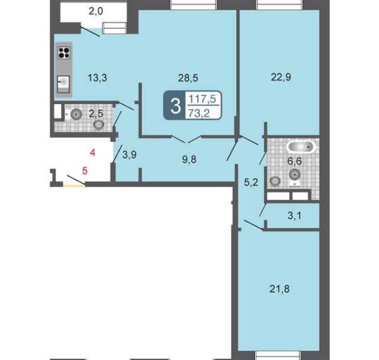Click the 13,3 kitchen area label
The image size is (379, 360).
click(97, 78)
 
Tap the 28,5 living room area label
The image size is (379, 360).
click(188, 78)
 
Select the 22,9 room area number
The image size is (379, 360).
click(281, 78)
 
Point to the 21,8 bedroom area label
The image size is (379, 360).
click(280, 289)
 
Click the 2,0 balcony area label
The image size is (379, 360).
click(96, 11)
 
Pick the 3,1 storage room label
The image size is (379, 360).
click(295, 216)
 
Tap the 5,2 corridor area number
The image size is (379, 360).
click(251, 182)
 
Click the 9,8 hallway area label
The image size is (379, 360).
click(189, 159)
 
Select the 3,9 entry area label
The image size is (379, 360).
click(129, 155)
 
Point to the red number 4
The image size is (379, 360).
click(92, 153)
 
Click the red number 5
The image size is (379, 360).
click(85, 171)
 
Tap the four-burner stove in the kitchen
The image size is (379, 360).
click(64, 53)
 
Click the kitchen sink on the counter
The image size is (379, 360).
click(63, 84)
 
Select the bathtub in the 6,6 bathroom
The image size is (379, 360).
click(300, 147)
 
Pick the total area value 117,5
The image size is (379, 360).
click(202, 99)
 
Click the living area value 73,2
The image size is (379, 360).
click(199, 113)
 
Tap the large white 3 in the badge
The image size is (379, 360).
click(175, 106)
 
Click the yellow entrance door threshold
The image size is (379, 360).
click(74, 185)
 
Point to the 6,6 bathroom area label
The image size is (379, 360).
click(294, 161)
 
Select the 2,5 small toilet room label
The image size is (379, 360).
click(96, 113)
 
